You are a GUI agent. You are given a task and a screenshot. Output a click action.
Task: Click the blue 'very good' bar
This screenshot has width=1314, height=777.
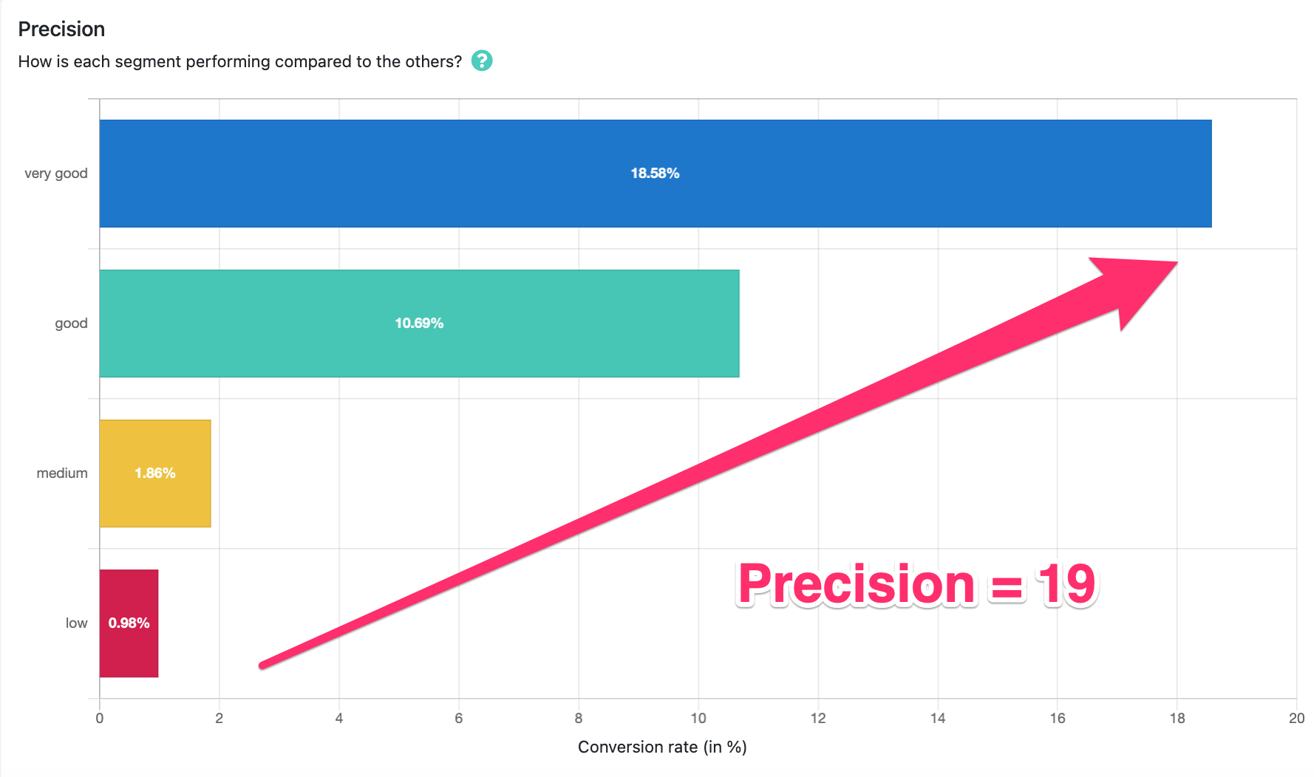(x=656, y=174)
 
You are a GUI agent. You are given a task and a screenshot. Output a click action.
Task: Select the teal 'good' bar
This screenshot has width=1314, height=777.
(x=419, y=324)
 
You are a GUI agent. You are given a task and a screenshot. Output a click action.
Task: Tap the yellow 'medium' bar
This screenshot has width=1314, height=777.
(x=155, y=473)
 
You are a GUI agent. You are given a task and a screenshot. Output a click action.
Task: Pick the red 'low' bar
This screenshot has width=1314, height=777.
(x=129, y=623)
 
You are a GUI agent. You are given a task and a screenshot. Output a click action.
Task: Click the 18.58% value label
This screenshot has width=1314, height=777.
(x=655, y=174)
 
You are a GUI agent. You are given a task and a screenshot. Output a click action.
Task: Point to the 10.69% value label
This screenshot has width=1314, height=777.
(x=419, y=324)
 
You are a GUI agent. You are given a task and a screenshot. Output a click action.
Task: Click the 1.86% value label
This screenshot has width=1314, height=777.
(x=155, y=473)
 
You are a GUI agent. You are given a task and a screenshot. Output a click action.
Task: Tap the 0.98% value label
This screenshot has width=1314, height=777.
(x=129, y=623)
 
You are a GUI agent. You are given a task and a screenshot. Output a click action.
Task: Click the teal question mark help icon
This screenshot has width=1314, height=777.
(x=482, y=61)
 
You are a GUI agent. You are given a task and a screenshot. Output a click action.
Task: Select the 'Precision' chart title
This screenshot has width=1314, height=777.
(x=61, y=30)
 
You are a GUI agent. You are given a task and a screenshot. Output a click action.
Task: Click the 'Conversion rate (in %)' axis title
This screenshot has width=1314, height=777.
(x=662, y=747)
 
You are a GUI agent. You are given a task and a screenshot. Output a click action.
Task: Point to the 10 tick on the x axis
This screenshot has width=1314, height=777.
(x=698, y=719)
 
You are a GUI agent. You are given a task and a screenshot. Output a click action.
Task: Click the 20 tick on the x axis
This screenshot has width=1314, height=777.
(x=1296, y=719)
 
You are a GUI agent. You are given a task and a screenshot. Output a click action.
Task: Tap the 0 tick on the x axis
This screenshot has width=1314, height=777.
(x=100, y=719)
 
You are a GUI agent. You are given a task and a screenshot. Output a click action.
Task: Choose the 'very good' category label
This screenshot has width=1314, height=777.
(x=56, y=174)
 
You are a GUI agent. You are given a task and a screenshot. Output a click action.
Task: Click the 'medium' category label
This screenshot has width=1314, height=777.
(x=62, y=473)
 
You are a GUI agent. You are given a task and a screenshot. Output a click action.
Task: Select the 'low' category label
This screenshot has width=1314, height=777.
(x=76, y=623)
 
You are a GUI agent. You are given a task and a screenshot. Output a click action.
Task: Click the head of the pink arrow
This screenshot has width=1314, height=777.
(x=1177, y=262)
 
